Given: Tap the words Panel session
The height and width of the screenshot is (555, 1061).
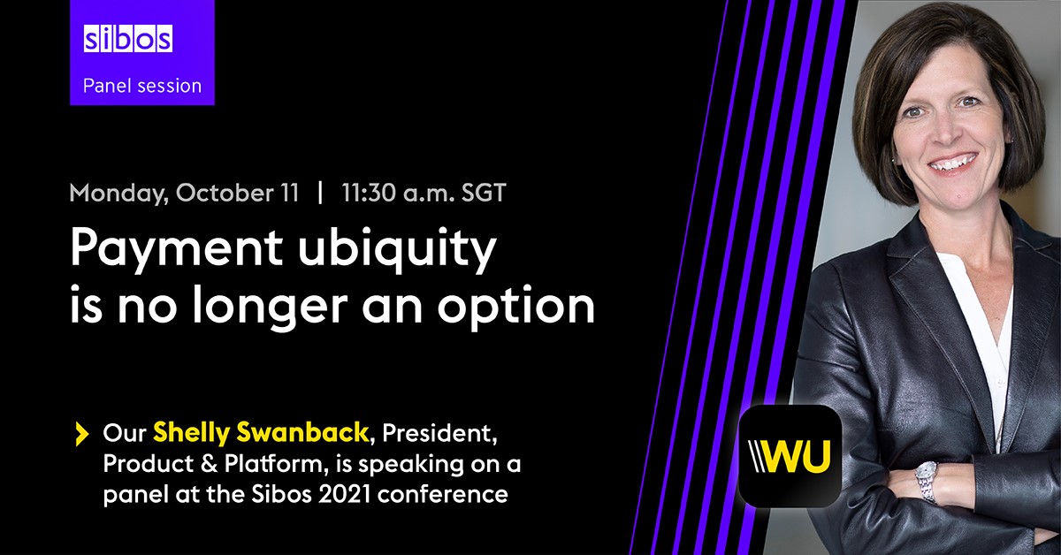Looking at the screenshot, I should pyautogui.click(x=141, y=86).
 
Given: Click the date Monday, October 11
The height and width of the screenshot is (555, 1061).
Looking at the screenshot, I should pyautogui.click(x=184, y=194).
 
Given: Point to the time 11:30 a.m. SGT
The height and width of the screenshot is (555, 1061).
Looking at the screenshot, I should pyautogui.click(x=424, y=194).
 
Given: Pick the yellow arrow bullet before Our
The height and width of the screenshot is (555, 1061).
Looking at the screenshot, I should pyautogui.click(x=82, y=433).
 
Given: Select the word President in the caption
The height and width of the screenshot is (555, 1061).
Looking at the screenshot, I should pyautogui.click(x=455, y=433).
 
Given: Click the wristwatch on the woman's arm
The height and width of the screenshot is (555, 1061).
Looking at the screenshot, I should pyautogui.click(x=926, y=479).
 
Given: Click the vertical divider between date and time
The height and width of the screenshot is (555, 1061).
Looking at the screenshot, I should pyautogui.click(x=320, y=194).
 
